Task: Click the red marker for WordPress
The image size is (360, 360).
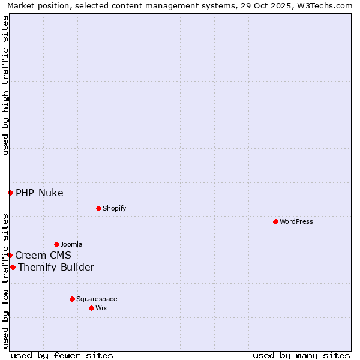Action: pyautogui.click(x=275, y=221)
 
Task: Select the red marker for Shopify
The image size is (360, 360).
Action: pyautogui.click(x=98, y=208)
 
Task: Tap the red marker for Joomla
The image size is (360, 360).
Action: pyautogui.click(x=56, y=244)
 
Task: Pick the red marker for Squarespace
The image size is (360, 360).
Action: pyautogui.click(x=72, y=299)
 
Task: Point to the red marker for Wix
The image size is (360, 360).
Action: pyautogui.click(x=91, y=308)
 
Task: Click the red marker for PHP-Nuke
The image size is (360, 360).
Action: pyautogui.click(x=10, y=193)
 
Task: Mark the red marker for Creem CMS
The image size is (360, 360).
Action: pyautogui.click(x=10, y=255)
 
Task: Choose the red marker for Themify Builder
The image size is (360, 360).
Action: pyautogui.click(x=13, y=267)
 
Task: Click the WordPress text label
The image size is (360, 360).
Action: pyautogui.click(x=296, y=221)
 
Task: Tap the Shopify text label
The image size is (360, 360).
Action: pyautogui.click(x=115, y=208)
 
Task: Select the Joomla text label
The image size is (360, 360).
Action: pyautogui.click(x=71, y=244)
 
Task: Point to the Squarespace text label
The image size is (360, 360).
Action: pyautogui.click(x=97, y=299)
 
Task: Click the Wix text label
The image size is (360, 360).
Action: pyautogui.click(x=101, y=308)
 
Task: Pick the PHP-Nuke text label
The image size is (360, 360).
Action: pyautogui.click(x=40, y=193)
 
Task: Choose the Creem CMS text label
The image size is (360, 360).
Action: pyautogui.click(x=43, y=255)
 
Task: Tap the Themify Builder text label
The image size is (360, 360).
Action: pyautogui.click(x=56, y=267)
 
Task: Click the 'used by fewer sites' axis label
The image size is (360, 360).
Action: pyautogui.click(x=62, y=355)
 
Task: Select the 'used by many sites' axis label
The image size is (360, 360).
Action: pyautogui.click(x=301, y=355)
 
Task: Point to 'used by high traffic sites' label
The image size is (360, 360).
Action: pyautogui.click(x=5, y=85)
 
